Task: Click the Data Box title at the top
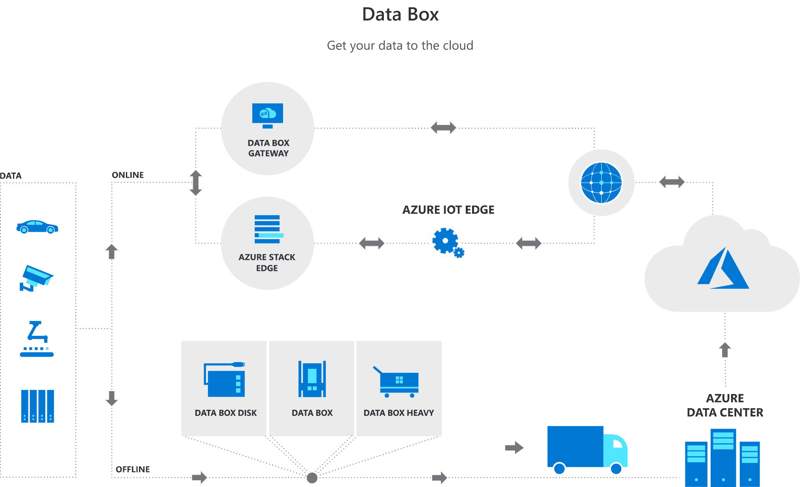(x=400, y=15)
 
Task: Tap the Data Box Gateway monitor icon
(x=267, y=115)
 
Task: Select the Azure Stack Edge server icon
(x=268, y=229)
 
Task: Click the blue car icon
(x=37, y=227)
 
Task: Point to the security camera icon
(x=36, y=278)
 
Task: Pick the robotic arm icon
(x=37, y=339)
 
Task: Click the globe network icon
(x=601, y=182)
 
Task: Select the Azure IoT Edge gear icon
(x=446, y=241)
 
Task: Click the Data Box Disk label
(x=226, y=413)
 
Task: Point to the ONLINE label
(x=128, y=175)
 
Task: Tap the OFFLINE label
(x=133, y=469)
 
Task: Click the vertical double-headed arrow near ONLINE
(x=196, y=183)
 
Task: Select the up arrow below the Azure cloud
(x=725, y=349)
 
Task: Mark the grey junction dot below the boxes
(x=312, y=478)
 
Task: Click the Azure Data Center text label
(x=725, y=405)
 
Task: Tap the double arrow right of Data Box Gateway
(x=443, y=128)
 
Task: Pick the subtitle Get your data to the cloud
(x=400, y=46)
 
